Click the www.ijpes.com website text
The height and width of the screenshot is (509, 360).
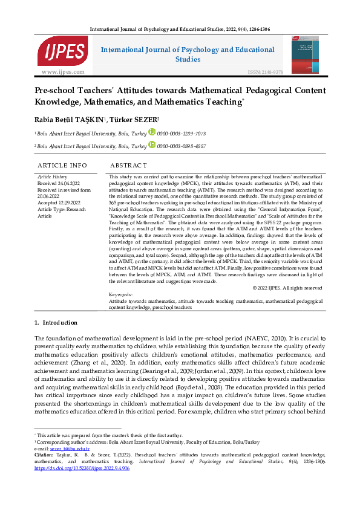[x=63, y=72]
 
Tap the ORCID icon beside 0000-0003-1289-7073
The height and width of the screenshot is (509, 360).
[x=152, y=132]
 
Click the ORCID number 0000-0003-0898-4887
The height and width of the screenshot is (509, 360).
[x=182, y=146]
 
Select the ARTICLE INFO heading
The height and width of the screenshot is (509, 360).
[x=62, y=165]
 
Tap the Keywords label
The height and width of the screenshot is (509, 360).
[x=120, y=294]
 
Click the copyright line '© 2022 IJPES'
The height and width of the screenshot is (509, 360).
[x=287, y=288]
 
